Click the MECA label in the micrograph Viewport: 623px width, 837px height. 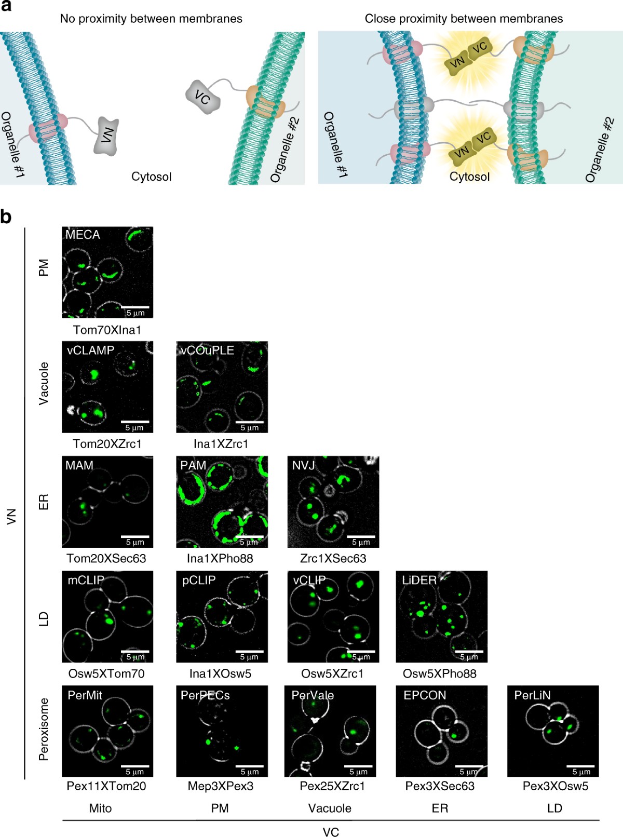(x=83, y=235)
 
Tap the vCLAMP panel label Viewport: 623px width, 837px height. (x=90, y=350)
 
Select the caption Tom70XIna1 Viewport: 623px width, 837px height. (x=107, y=330)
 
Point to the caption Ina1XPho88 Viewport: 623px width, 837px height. (x=220, y=559)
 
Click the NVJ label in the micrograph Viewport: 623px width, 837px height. (x=304, y=465)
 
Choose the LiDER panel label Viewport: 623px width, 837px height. (x=419, y=580)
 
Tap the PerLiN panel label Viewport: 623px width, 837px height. (x=532, y=695)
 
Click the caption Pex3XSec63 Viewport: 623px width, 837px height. (x=440, y=786)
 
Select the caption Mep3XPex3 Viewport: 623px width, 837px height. (x=221, y=786)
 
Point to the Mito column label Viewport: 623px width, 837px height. (x=100, y=808)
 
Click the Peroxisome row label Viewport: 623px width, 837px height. (x=44, y=729)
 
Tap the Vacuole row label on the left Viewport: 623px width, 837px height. (x=44, y=383)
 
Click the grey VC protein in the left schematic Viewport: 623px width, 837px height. (x=203, y=97)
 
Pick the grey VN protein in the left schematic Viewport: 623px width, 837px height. (x=106, y=137)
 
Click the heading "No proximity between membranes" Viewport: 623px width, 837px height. (x=151, y=19)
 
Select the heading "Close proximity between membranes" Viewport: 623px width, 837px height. (x=464, y=19)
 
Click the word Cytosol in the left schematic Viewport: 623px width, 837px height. (x=151, y=177)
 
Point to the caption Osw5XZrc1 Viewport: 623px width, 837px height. (x=332, y=673)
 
